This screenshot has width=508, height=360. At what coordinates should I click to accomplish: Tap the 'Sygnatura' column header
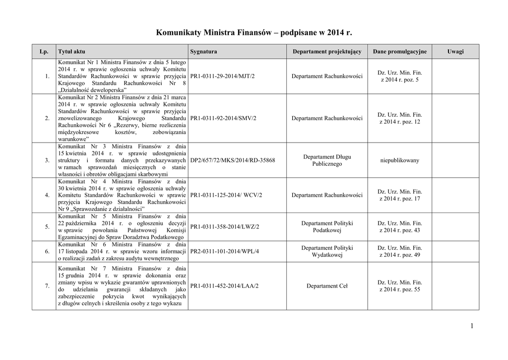pyautogui.click(x=203, y=52)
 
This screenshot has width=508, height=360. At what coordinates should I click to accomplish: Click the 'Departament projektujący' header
pyautogui.click(x=327, y=52)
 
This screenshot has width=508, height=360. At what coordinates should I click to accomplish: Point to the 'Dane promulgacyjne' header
pyautogui.click(x=399, y=52)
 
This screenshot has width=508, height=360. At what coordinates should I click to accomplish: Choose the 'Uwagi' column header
pyautogui.click(x=455, y=52)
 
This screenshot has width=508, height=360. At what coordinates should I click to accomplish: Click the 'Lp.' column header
pyautogui.click(x=44, y=52)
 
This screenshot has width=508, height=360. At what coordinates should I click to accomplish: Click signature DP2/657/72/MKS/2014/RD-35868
pyautogui.click(x=232, y=160)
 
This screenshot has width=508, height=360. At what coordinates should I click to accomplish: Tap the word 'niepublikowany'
pyautogui.click(x=399, y=160)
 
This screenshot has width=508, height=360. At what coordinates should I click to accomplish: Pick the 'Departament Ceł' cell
pyautogui.click(x=327, y=286)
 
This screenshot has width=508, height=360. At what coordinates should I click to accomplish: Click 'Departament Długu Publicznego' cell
pyautogui.click(x=327, y=160)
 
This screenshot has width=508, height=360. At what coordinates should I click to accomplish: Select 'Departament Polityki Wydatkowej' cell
pyautogui.click(x=327, y=251)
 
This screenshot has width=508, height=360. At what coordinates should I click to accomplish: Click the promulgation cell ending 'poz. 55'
pyautogui.click(x=399, y=286)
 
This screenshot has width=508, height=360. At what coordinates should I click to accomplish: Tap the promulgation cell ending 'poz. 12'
pyautogui.click(x=399, y=118)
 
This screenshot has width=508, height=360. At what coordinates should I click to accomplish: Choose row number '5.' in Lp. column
pyautogui.click(x=47, y=227)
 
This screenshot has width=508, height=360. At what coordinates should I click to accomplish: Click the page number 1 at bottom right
pyautogui.click(x=471, y=326)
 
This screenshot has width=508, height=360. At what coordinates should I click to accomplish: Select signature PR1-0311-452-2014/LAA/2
pyautogui.click(x=224, y=286)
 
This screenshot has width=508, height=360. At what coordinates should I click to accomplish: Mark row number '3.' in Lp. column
pyautogui.click(x=47, y=160)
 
